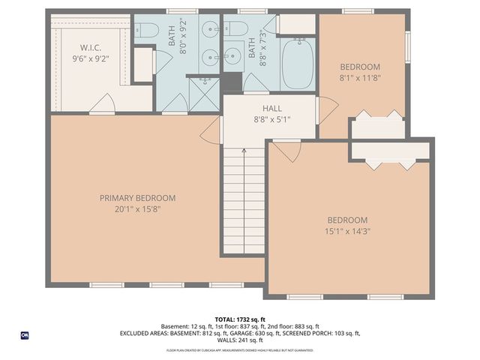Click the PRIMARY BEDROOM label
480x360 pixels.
coord(138,198)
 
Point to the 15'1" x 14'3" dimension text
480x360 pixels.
coord(347,232)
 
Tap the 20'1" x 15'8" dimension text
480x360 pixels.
coord(138,209)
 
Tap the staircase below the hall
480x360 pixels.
coord(244,202)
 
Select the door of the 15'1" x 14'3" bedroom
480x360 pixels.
coord(283,153)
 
